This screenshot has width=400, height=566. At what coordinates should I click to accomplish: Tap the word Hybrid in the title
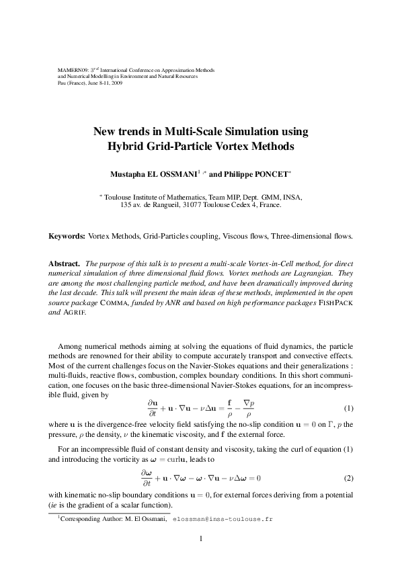pyautogui.click(x=128, y=145)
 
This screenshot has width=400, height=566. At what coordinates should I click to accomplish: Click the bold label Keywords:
pyautogui.click(x=67, y=237)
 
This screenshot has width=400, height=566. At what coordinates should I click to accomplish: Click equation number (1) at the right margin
pyautogui.click(x=349, y=408)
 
